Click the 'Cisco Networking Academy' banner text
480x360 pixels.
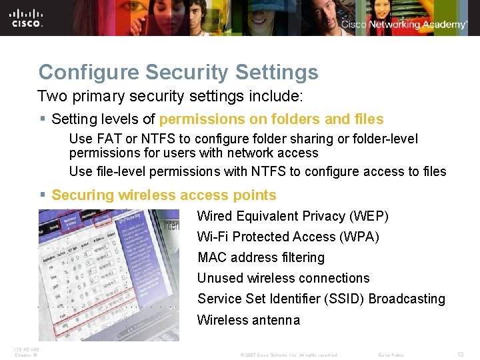tap(405, 25)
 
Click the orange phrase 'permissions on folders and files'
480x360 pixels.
tap(271, 119)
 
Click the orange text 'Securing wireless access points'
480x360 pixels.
tap(163, 195)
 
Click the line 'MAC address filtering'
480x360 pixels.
tap(261, 257)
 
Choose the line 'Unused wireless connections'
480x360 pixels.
tap(283, 278)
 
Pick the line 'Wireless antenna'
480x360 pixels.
tap(249, 320)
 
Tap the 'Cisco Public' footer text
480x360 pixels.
tap(391, 355)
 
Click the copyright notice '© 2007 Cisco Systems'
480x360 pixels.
tap(267, 355)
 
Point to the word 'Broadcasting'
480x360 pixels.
tap(407, 299)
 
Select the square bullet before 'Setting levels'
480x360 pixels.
tap(42, 119)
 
